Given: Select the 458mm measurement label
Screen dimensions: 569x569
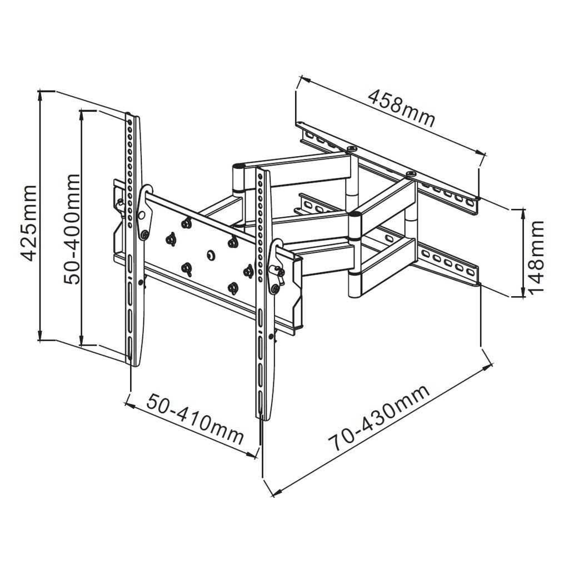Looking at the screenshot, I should pyautogui.click(x=401, y=109).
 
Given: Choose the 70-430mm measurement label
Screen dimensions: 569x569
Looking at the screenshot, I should pyautogui.click(x=379, y=417).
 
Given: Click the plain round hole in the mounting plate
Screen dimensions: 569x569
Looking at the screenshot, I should pyautogui.click(x=210, y=254).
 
